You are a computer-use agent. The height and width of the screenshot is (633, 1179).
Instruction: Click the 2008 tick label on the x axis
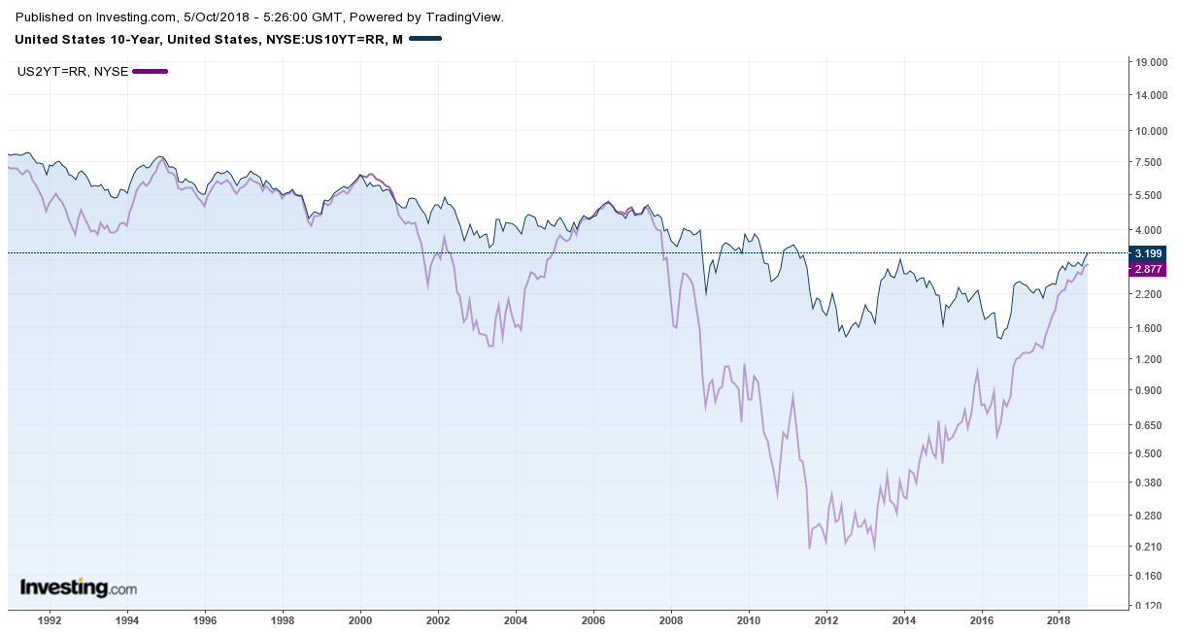pos(671,618)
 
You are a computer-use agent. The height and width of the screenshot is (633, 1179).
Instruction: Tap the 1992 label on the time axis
pos(50,618)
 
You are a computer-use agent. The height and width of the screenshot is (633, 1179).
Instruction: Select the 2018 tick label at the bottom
pos(1059,618)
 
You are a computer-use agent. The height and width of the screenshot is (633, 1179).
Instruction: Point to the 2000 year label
pos(360,618)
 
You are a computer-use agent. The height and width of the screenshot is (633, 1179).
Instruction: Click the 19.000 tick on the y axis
pos(1150,62)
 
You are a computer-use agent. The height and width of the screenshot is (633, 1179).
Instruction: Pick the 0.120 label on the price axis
pos(1150,606)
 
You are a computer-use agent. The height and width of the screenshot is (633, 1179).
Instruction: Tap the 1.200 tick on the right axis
pos(1150,359)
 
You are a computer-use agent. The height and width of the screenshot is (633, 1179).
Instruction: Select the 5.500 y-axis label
pos(1150,195)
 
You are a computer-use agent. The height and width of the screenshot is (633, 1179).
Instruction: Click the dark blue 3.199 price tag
pos(1148,252)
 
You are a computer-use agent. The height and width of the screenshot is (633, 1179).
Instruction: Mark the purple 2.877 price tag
pos(1148,269)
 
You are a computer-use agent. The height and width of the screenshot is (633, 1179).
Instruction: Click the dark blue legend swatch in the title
pos(425,39)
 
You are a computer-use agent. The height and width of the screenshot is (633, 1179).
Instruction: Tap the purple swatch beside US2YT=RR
pos(151,71)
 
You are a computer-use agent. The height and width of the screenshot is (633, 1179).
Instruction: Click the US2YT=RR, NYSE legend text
pos(73,71)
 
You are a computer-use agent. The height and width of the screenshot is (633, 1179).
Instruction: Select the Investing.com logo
pos(79,587)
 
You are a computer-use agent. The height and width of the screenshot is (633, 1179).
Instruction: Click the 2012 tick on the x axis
pos(826,618)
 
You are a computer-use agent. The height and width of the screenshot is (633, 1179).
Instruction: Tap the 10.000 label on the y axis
pos(1150,130)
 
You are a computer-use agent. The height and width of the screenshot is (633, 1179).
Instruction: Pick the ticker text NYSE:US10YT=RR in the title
pos(328,39)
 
